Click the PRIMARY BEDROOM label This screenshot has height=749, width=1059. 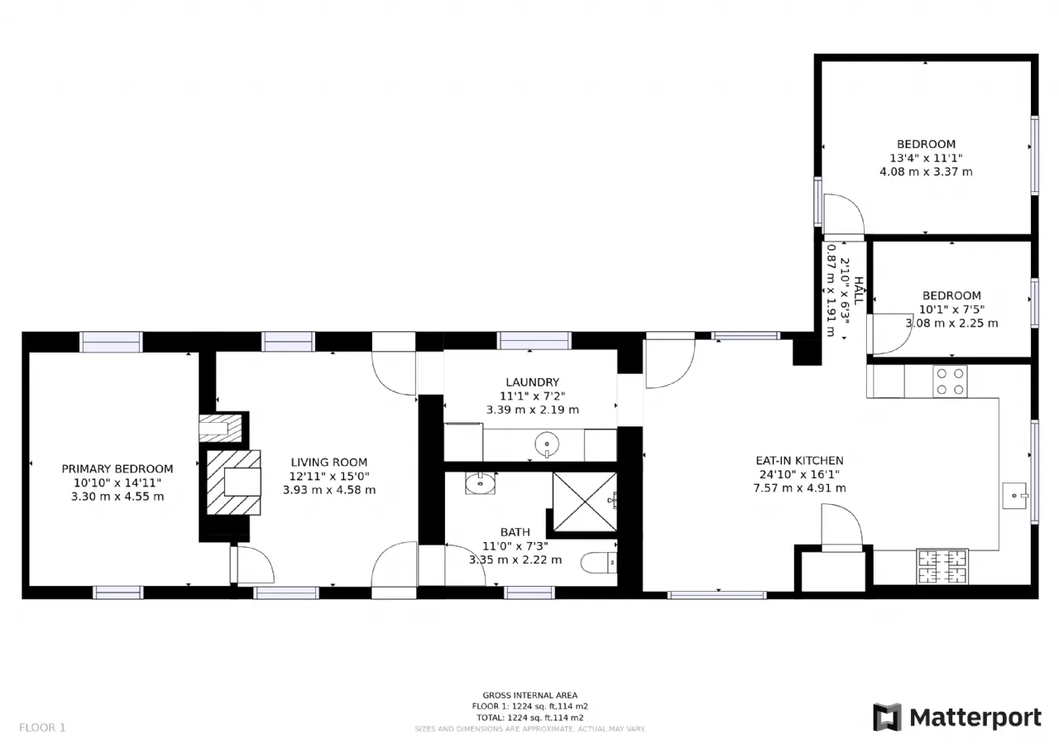117,468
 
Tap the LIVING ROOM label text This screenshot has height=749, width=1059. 329,462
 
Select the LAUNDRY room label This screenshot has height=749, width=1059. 532,382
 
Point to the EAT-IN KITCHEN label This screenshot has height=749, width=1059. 799,460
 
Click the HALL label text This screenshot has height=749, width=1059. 859,290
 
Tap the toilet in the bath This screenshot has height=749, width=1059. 598,563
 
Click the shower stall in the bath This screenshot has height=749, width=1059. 585,502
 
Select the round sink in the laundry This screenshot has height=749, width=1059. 547,444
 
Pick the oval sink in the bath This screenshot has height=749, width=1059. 481,483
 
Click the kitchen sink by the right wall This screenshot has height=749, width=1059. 1015,496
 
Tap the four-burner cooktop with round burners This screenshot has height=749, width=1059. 951,381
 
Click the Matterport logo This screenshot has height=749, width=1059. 957,718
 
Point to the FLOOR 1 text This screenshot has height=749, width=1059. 42,727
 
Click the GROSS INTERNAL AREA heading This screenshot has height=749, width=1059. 530,695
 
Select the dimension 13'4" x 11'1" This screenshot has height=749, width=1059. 926,158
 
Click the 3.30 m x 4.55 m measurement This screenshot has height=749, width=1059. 117,497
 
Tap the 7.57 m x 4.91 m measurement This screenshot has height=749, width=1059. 799,488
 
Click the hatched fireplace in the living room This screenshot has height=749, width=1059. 233,482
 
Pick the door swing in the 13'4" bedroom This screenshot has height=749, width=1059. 844,215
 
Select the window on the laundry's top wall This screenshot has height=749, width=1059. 534,340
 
